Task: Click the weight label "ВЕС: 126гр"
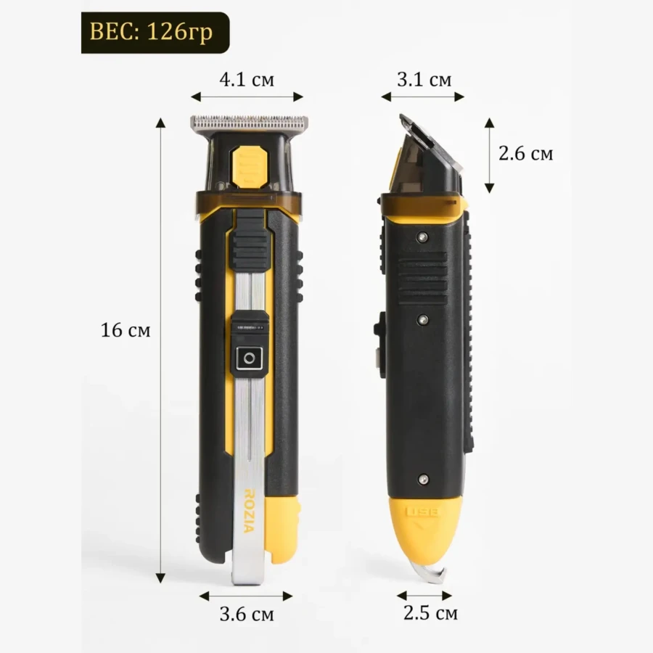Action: (155, 33)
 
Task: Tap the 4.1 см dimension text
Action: (247, 79)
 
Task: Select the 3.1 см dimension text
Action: (424, 79)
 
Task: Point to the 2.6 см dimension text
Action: (525, 154)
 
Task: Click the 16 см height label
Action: (126, 330)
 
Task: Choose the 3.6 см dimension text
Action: (247, 614)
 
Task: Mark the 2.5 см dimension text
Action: (430, 613)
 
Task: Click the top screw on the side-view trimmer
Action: (423, 237)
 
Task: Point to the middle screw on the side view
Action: (423, 319)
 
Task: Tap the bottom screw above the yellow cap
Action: (423, 479)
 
